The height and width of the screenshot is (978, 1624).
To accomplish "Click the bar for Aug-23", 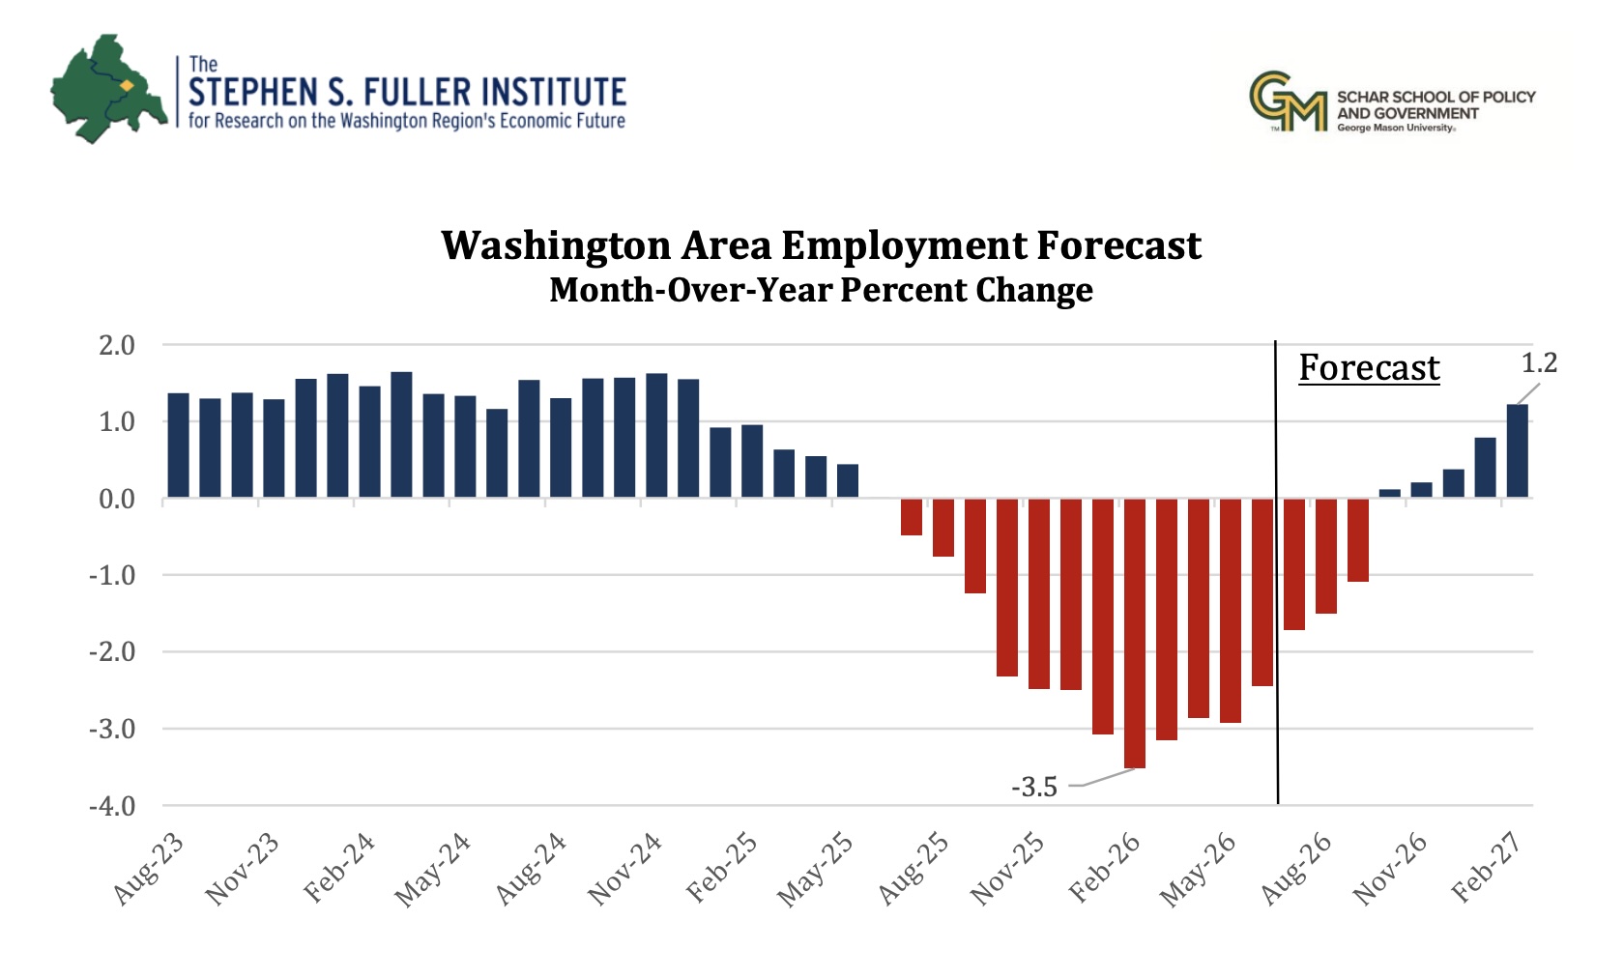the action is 178,446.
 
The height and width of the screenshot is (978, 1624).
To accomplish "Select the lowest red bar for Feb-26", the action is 1135,633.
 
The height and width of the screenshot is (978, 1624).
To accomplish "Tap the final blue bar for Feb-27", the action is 1518,451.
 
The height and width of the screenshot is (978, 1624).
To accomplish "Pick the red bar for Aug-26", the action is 1294,564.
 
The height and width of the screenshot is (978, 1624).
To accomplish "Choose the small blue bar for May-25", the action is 848,480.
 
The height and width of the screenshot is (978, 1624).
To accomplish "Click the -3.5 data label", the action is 1034,787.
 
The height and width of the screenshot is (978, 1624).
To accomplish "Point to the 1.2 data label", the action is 1539,363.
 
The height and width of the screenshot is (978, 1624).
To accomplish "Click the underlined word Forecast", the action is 1369,367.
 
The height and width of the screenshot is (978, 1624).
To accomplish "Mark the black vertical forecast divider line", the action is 1277,572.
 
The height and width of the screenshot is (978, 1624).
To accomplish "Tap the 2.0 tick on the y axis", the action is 117,345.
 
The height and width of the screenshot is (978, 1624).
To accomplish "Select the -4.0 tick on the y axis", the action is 112,805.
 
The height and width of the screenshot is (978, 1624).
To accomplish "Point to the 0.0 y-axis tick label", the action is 117,499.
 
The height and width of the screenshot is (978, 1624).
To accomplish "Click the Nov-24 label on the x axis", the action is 624,869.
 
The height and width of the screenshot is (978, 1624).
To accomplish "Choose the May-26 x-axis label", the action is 1198,869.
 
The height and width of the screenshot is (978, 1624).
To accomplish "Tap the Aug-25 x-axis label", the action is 913,869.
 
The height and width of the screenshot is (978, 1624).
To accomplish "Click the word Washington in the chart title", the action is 556,246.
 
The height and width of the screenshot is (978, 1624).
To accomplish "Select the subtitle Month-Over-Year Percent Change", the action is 821,290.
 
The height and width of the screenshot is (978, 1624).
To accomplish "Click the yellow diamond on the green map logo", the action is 127,86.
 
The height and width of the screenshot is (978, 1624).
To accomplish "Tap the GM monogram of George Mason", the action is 1288,101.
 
